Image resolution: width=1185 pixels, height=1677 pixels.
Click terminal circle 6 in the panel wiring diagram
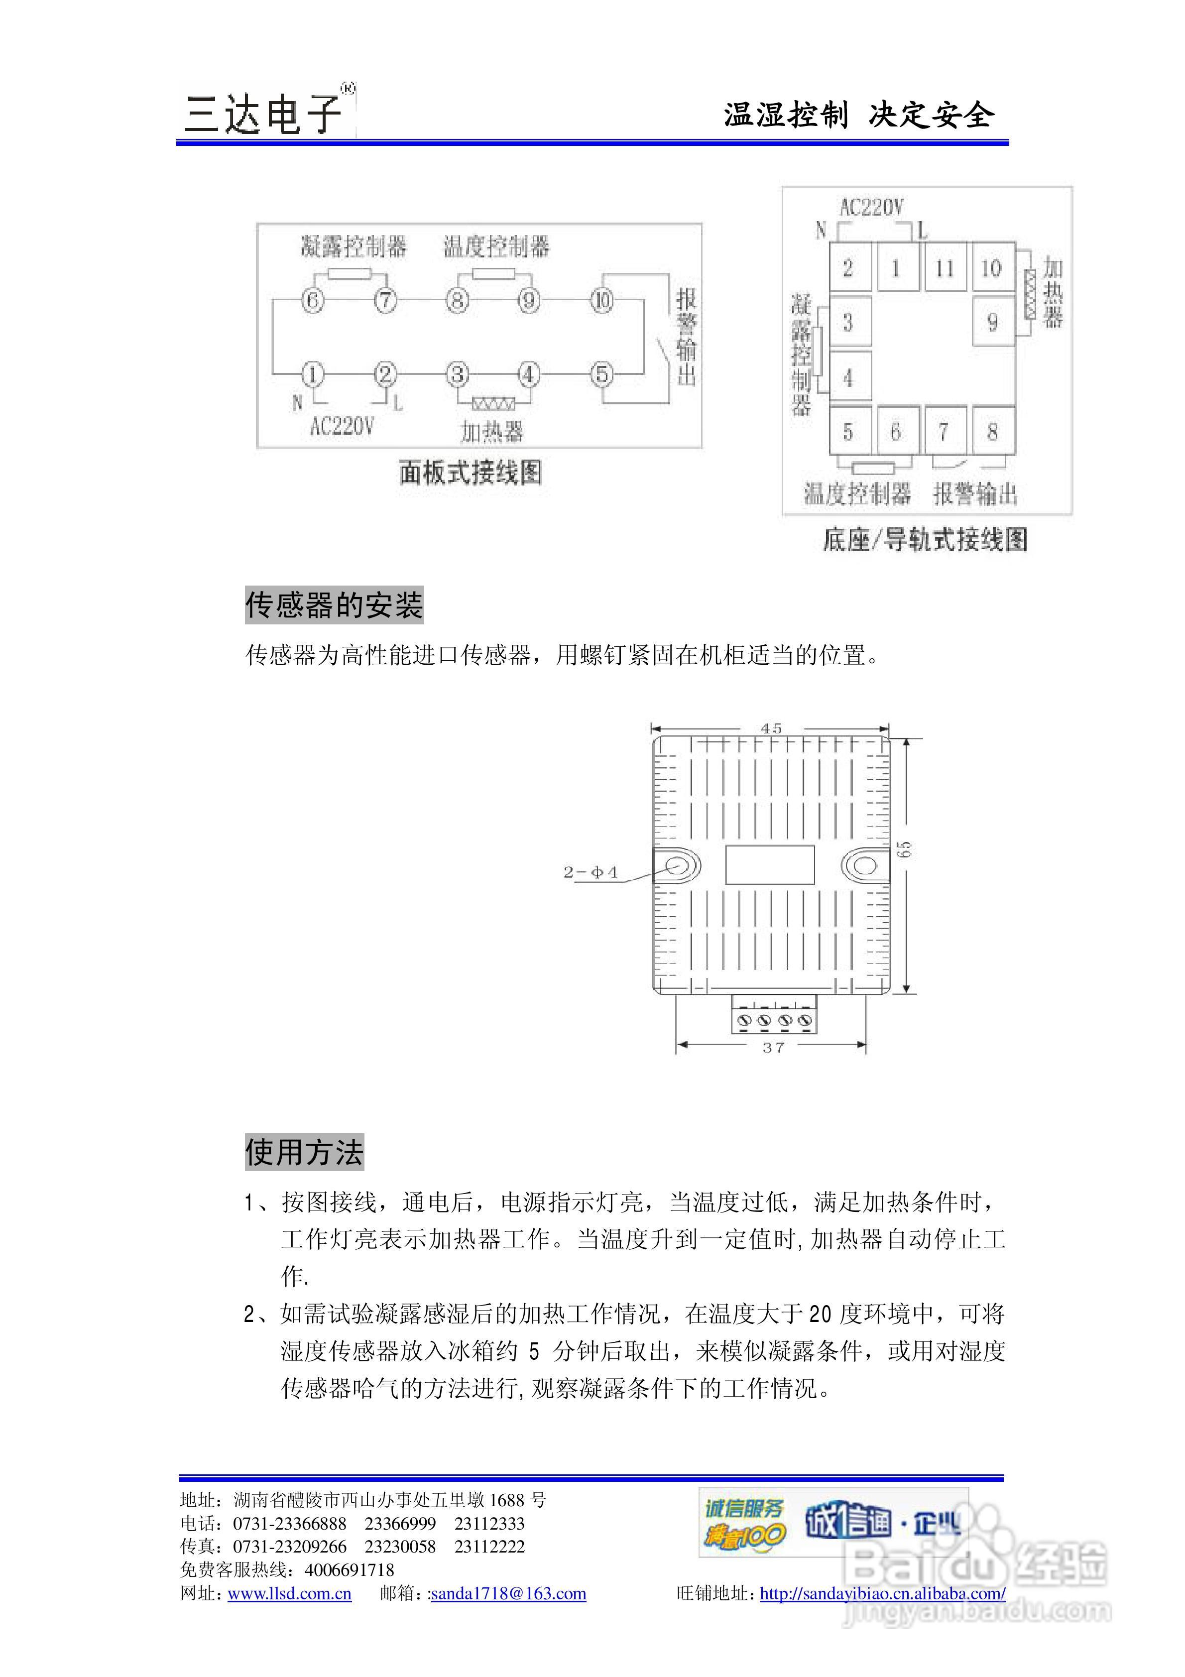click(x=313, y=300)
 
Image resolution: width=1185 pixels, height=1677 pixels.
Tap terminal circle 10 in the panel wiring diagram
click(x=602, y=300)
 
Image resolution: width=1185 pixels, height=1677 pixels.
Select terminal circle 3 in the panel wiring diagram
click(x=458, y=375)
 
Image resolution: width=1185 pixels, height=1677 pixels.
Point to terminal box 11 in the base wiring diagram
click(x=945, y=268)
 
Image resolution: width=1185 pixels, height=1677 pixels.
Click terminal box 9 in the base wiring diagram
click(x=992, y=321)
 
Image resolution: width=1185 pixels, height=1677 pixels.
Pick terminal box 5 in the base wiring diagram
click(x=848, y=432)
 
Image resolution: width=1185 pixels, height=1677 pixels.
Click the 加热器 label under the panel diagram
click(x=492, y=432)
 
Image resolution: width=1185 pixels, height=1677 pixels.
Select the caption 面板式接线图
click(x=471, y=473)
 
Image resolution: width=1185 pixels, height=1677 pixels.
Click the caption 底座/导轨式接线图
click(x=925, y=540)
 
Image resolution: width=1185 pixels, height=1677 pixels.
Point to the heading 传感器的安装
click(x=334, y=605)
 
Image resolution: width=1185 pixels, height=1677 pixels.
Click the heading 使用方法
click(x=304, y=1152)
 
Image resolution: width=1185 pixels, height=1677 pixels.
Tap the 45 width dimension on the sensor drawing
click(x=771, y=728)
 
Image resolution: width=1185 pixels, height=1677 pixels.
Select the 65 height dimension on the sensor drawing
click(x=905, y=849)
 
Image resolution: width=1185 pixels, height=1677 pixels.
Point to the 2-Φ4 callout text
click(x=591, y=872)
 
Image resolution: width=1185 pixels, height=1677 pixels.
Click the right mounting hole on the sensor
click(x=865, y=865)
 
